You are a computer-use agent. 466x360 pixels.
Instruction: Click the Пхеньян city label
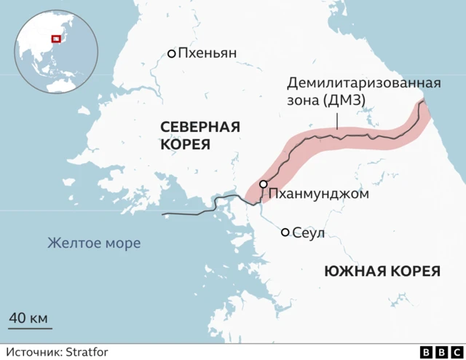click(208, 53)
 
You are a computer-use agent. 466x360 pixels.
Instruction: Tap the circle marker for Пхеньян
click(172, 53)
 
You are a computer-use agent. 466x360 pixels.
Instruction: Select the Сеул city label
click(308, 233)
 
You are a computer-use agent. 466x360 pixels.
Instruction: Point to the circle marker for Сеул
click(285, 232)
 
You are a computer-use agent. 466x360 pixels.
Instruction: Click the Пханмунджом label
click(319, 194)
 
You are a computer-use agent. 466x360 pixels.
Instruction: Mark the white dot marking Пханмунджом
click(263, 185)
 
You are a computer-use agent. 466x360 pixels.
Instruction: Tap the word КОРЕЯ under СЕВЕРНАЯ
click(185, 145)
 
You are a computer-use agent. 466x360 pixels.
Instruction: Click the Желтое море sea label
click(94, 243)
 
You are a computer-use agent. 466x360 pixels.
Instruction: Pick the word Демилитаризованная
click(364, 82)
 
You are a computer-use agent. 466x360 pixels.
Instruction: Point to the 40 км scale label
click(28, 318)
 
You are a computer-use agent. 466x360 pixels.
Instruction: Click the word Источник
click(34, 353)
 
